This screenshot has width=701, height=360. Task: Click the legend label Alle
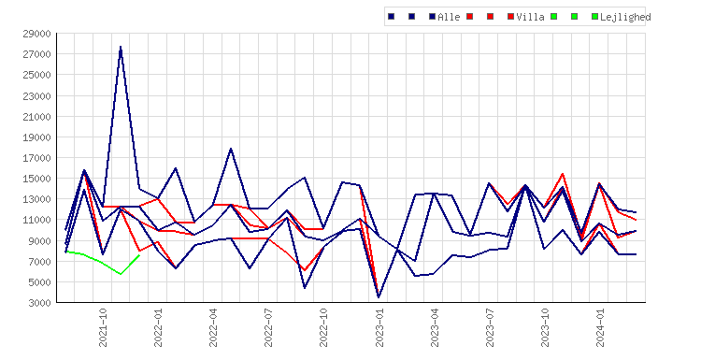449,17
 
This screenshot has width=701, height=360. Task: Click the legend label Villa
530,17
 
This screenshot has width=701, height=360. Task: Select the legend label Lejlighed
625,17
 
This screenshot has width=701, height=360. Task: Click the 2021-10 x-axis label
103,327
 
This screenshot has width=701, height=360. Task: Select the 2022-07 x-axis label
268,327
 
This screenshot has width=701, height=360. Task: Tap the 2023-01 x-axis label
379,327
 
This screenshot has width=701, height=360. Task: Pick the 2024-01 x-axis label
600,327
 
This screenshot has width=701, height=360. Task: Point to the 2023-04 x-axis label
435,327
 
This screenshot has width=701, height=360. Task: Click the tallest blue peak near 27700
121,47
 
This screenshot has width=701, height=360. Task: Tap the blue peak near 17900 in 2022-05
231,149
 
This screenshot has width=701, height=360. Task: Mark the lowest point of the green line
121,274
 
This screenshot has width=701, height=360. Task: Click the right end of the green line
139,255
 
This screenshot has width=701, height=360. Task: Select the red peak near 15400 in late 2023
563,174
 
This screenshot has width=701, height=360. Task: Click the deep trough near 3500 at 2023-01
379,297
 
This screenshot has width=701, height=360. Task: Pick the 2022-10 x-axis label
323,327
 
